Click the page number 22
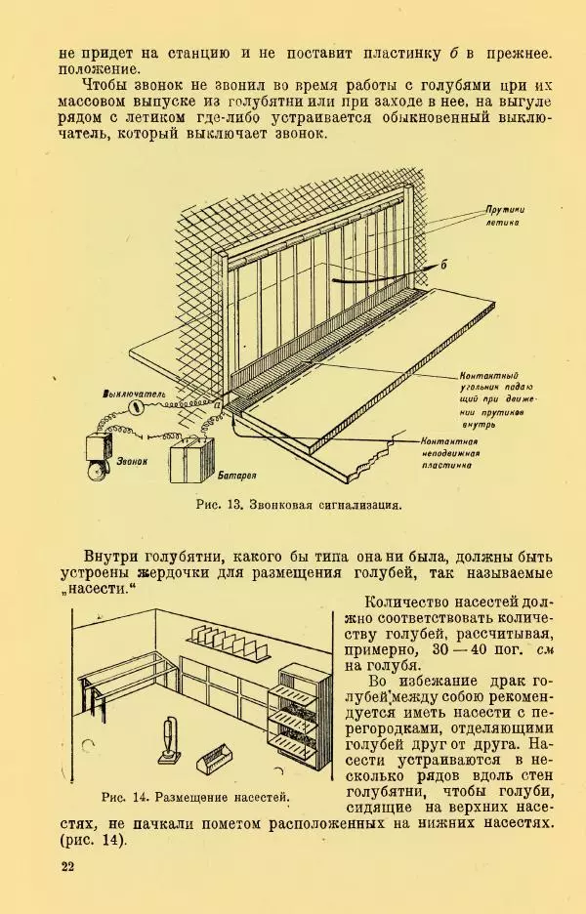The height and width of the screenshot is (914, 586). tap(67, 866)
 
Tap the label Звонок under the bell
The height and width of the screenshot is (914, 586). tap(132, 461)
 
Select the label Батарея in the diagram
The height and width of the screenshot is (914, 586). tap(236, 476)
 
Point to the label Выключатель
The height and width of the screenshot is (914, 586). tap(133, 395)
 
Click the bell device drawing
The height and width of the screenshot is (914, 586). tap(98, 456)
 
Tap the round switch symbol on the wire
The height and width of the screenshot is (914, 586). tap(137, 407)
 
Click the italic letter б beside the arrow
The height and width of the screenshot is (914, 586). tap(443, 265)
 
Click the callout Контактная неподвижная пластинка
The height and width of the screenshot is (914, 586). tap(450, 453)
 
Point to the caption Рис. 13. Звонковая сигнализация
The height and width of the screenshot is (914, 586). tap(299, 505)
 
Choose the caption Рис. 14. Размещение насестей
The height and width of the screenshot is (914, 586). tap(195, 798)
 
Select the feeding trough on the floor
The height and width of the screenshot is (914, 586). tap(216, 758)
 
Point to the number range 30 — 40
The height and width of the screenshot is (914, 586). tap(460, 649)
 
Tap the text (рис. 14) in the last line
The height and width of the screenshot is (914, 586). tap(93, 841)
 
